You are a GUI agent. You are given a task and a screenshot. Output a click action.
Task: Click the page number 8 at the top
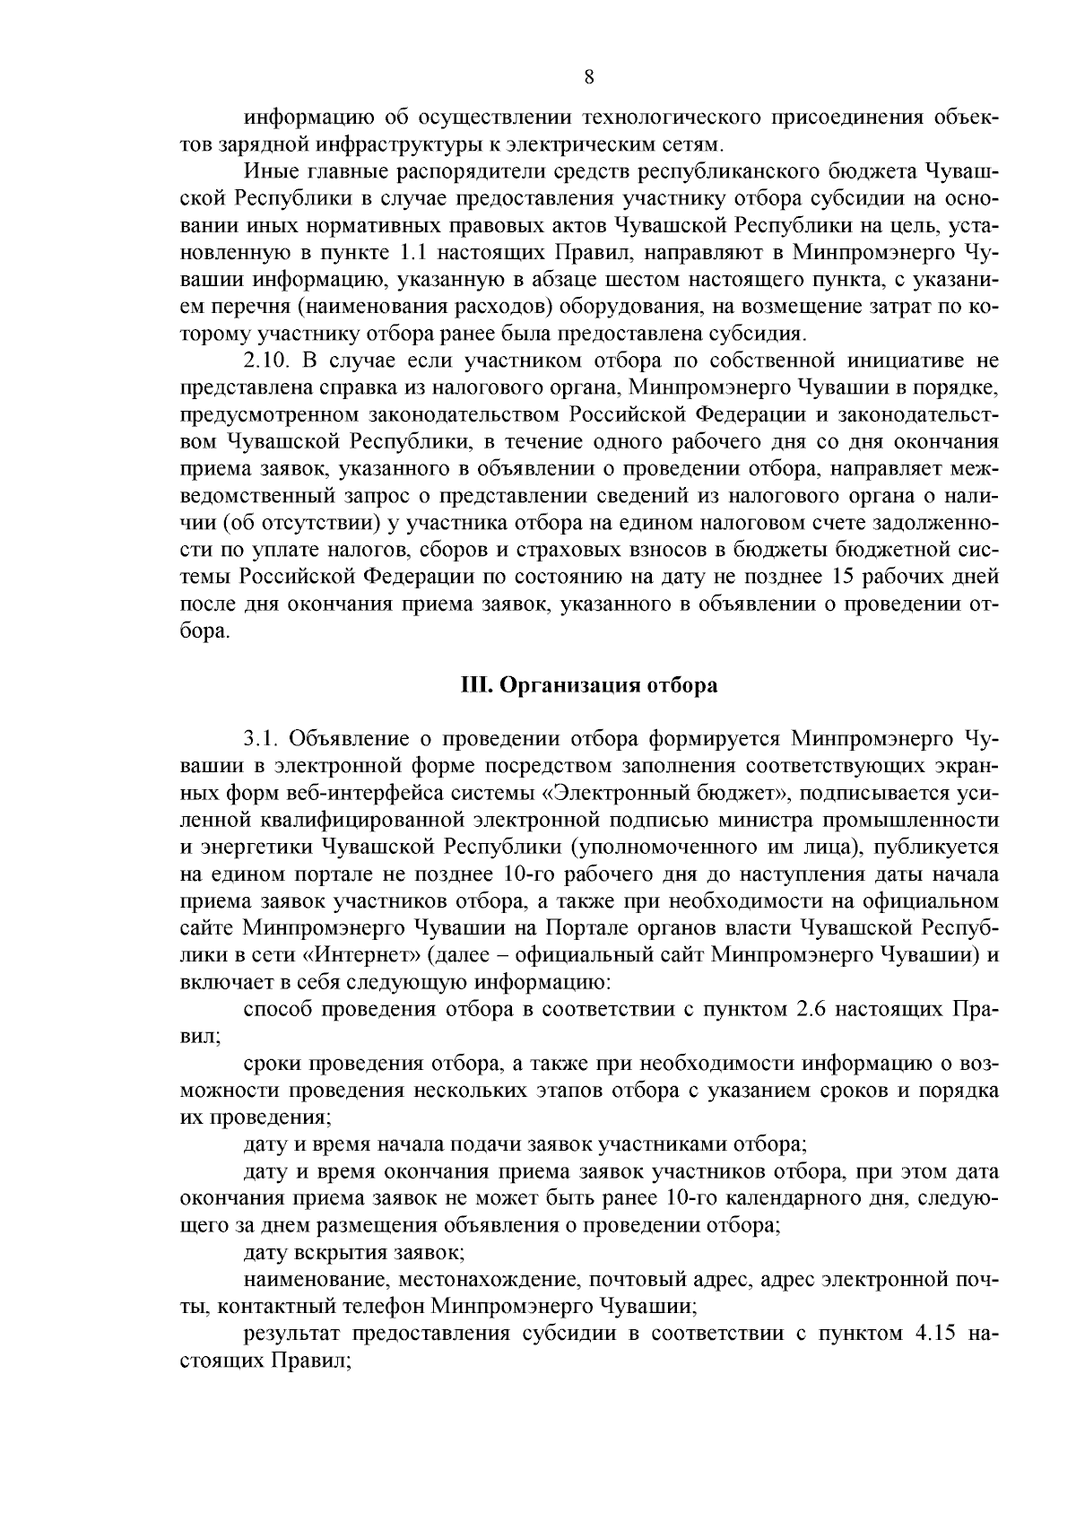pos(588,77)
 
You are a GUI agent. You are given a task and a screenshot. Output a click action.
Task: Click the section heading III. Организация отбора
pos(588,685)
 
